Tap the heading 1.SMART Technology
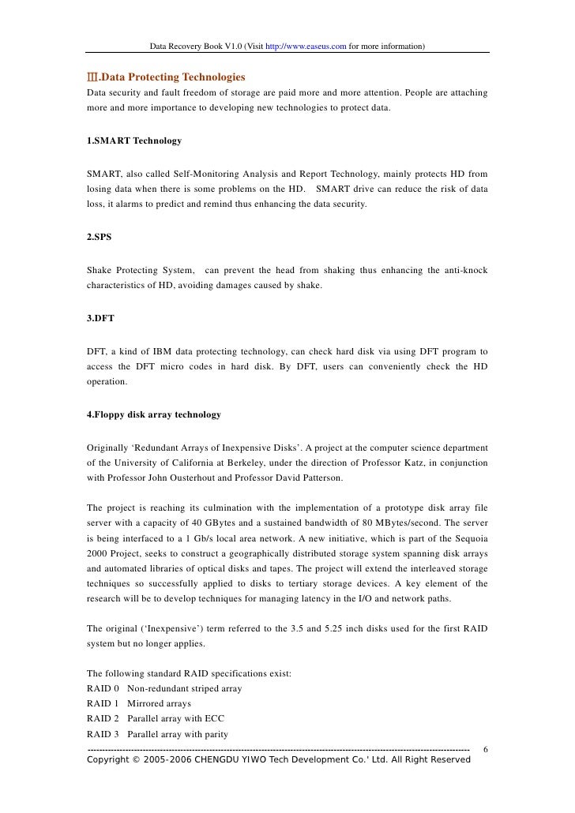tap(134, 140)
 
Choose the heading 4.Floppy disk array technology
tap(154, 414)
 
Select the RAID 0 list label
tap(103, 688)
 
